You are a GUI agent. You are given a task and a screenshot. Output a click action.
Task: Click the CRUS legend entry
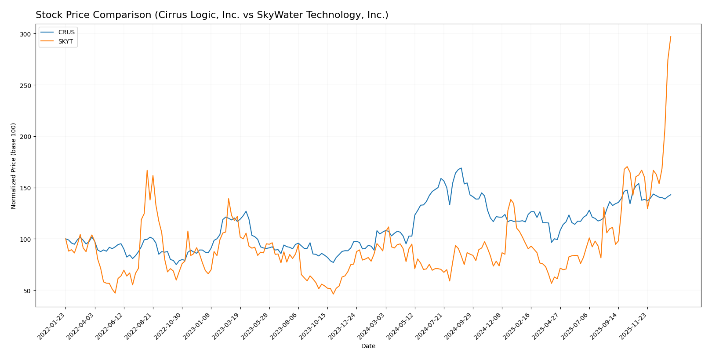coord(66,32)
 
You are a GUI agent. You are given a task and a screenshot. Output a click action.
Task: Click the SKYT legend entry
coord(65,41)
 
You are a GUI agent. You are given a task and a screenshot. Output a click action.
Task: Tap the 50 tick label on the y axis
coord(27,291)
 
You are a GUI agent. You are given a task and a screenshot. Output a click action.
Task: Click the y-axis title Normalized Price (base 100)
coord(14,166)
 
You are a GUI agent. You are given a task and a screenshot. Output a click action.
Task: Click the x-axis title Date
coord(368,346)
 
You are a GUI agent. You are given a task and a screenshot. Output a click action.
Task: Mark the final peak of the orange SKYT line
coord(671,36)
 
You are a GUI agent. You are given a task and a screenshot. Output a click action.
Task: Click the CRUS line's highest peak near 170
coord(461,168)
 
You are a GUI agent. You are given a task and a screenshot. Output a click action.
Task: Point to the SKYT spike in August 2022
coord(147,171)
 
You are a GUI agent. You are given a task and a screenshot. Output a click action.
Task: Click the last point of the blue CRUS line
coord(671,195)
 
